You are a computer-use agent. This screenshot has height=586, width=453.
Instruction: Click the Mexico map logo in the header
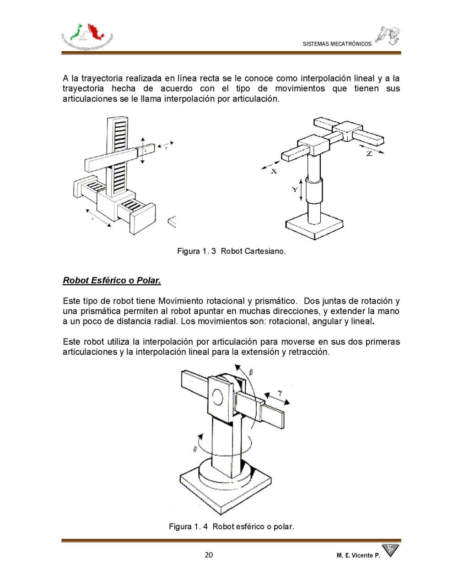pos(87,36)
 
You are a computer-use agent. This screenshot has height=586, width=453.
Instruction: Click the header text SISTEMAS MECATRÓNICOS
pos(337,44)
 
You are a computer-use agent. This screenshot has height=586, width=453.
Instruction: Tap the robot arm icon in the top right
pos(388,35)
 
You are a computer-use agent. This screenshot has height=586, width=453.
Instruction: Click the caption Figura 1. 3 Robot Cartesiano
pos(231,251)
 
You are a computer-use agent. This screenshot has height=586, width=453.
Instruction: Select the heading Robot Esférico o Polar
pos(112,280)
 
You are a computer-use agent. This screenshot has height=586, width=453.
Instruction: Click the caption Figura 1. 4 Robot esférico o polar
pos(231,526)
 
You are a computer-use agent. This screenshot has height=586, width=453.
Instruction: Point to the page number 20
pos(209,555)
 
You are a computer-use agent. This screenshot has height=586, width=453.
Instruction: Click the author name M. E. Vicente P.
pos(358,555)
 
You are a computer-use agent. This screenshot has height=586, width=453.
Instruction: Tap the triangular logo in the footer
pos(390,550)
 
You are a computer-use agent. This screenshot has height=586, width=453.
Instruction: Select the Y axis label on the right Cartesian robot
pos(295,189)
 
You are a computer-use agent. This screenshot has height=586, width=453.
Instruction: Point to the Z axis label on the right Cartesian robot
pos(369,154)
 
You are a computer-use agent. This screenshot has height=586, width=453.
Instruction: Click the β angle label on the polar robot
pos(250,374)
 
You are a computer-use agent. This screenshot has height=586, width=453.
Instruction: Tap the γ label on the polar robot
pos(280,393)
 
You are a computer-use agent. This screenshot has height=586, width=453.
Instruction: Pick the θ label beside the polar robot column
pos(195,450)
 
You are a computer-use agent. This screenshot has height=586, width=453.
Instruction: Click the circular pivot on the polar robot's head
pos(218,396)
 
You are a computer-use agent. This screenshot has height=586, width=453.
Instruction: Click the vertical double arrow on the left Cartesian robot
pos(143,150)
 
